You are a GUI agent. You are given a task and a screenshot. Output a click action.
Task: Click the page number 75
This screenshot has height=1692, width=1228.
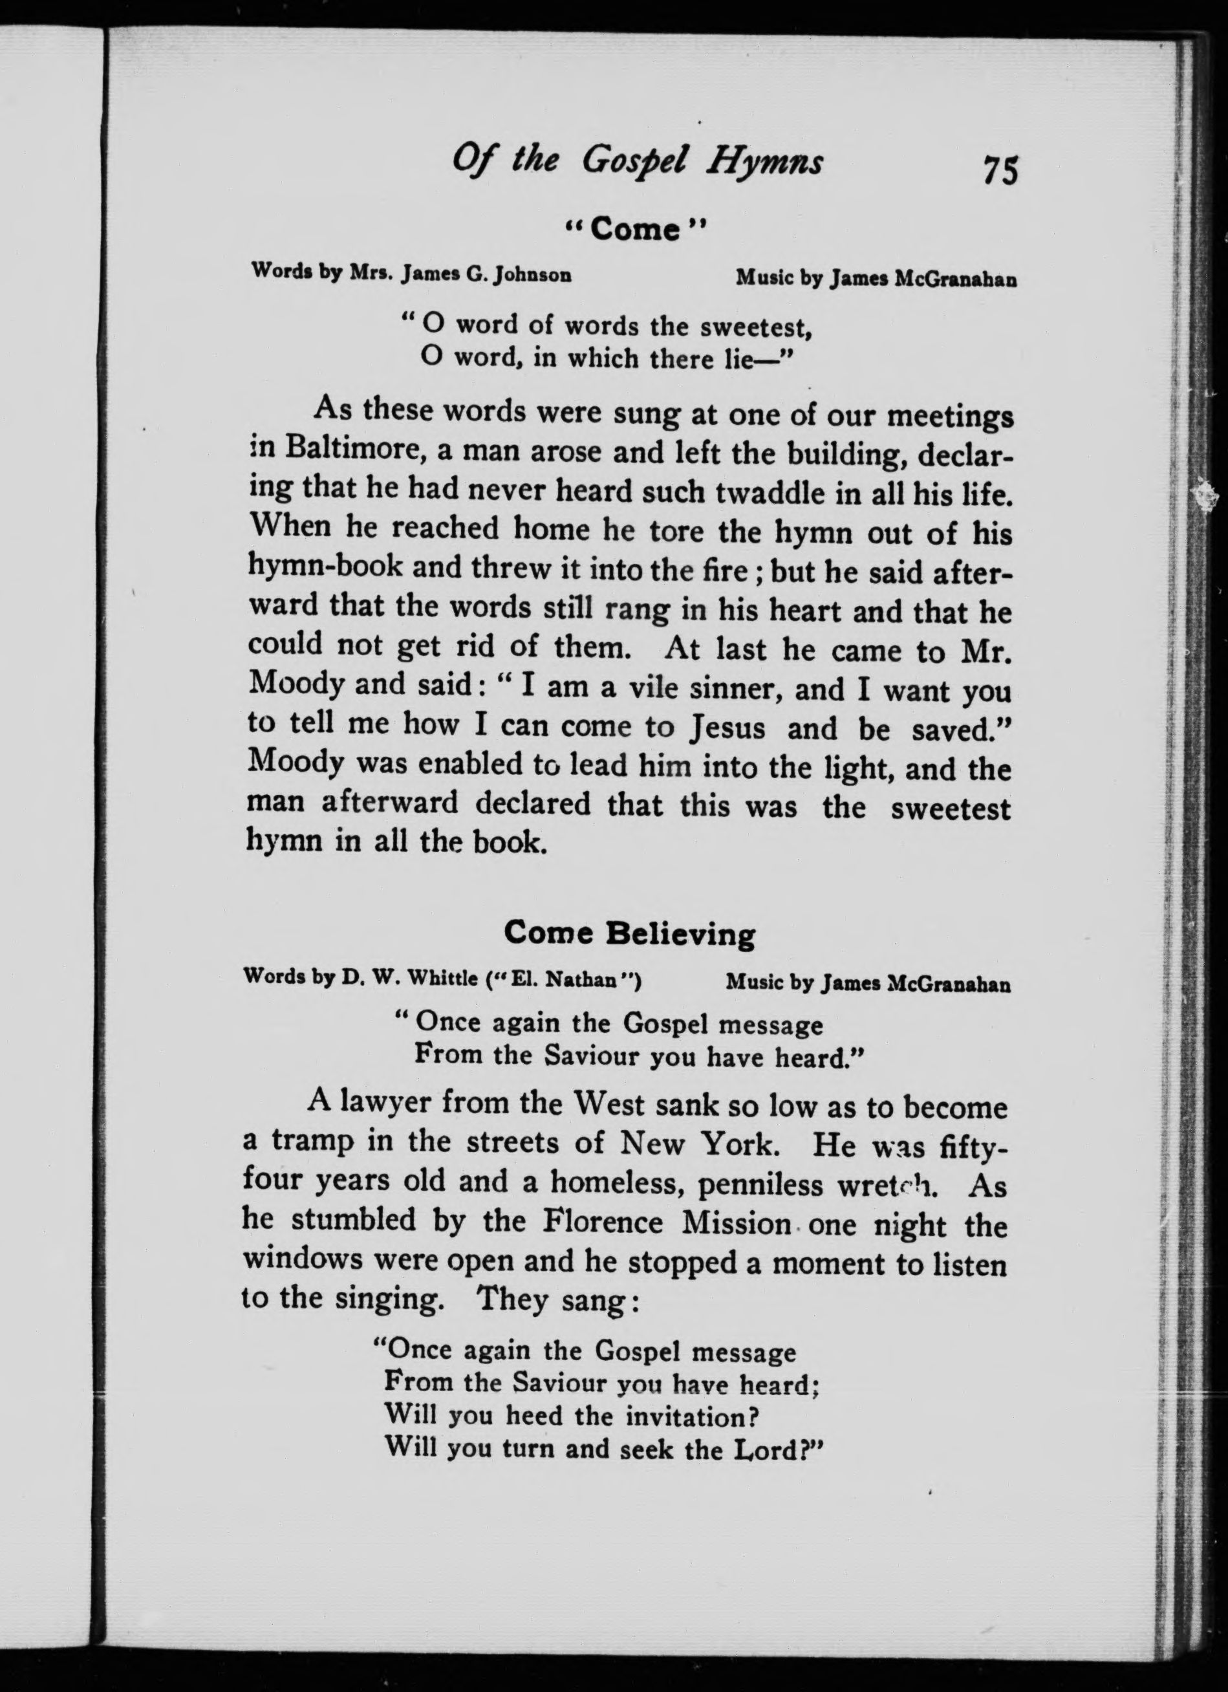point(1000,169)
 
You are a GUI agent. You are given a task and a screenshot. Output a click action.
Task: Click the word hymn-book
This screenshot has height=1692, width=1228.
point(324,569)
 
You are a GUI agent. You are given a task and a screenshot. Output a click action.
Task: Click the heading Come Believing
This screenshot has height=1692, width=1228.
point(629,933)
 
